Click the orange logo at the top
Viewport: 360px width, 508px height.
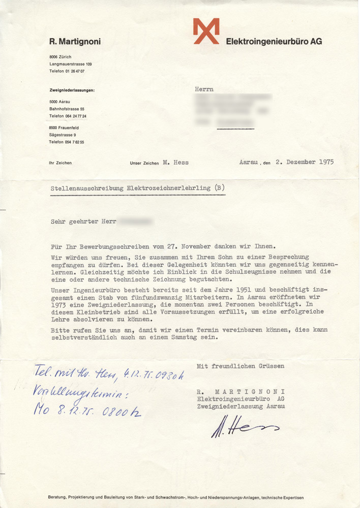coord(206,31)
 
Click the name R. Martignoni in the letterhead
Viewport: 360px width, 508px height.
coord(75,42)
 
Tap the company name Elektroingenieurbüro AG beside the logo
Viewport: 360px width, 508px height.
coord(274,42)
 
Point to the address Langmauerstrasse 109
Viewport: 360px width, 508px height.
coord(70,65)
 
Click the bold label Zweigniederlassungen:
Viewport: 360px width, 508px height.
coord(72,90)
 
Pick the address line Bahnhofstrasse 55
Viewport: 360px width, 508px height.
coord(67,109)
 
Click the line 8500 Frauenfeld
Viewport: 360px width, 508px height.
coord(64,128)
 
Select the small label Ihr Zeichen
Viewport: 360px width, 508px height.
coord(60,163)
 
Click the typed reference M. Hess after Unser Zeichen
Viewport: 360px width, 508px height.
coord(176,163)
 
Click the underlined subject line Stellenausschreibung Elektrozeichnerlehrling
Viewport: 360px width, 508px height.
coord(131,188)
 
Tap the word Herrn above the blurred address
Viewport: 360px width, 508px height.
coord(204,89)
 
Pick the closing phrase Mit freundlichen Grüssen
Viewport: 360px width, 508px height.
coord(241,366)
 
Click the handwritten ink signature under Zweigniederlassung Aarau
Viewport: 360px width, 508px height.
coord(244,428)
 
